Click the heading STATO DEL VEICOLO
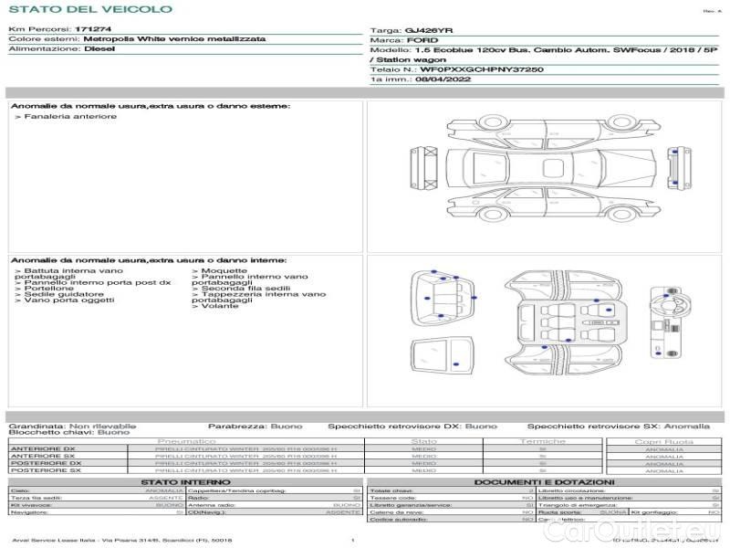(x=89, y=9)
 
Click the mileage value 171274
(x=93, y=30)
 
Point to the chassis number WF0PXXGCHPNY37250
(x=482, y=69)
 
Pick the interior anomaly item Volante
(x=218, y=306)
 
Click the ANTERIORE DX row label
(x=43, y=449)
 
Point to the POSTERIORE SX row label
(x=45, y=470)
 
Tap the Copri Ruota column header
(x=663, y=441)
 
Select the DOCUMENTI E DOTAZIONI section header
(x=544, y=481)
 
